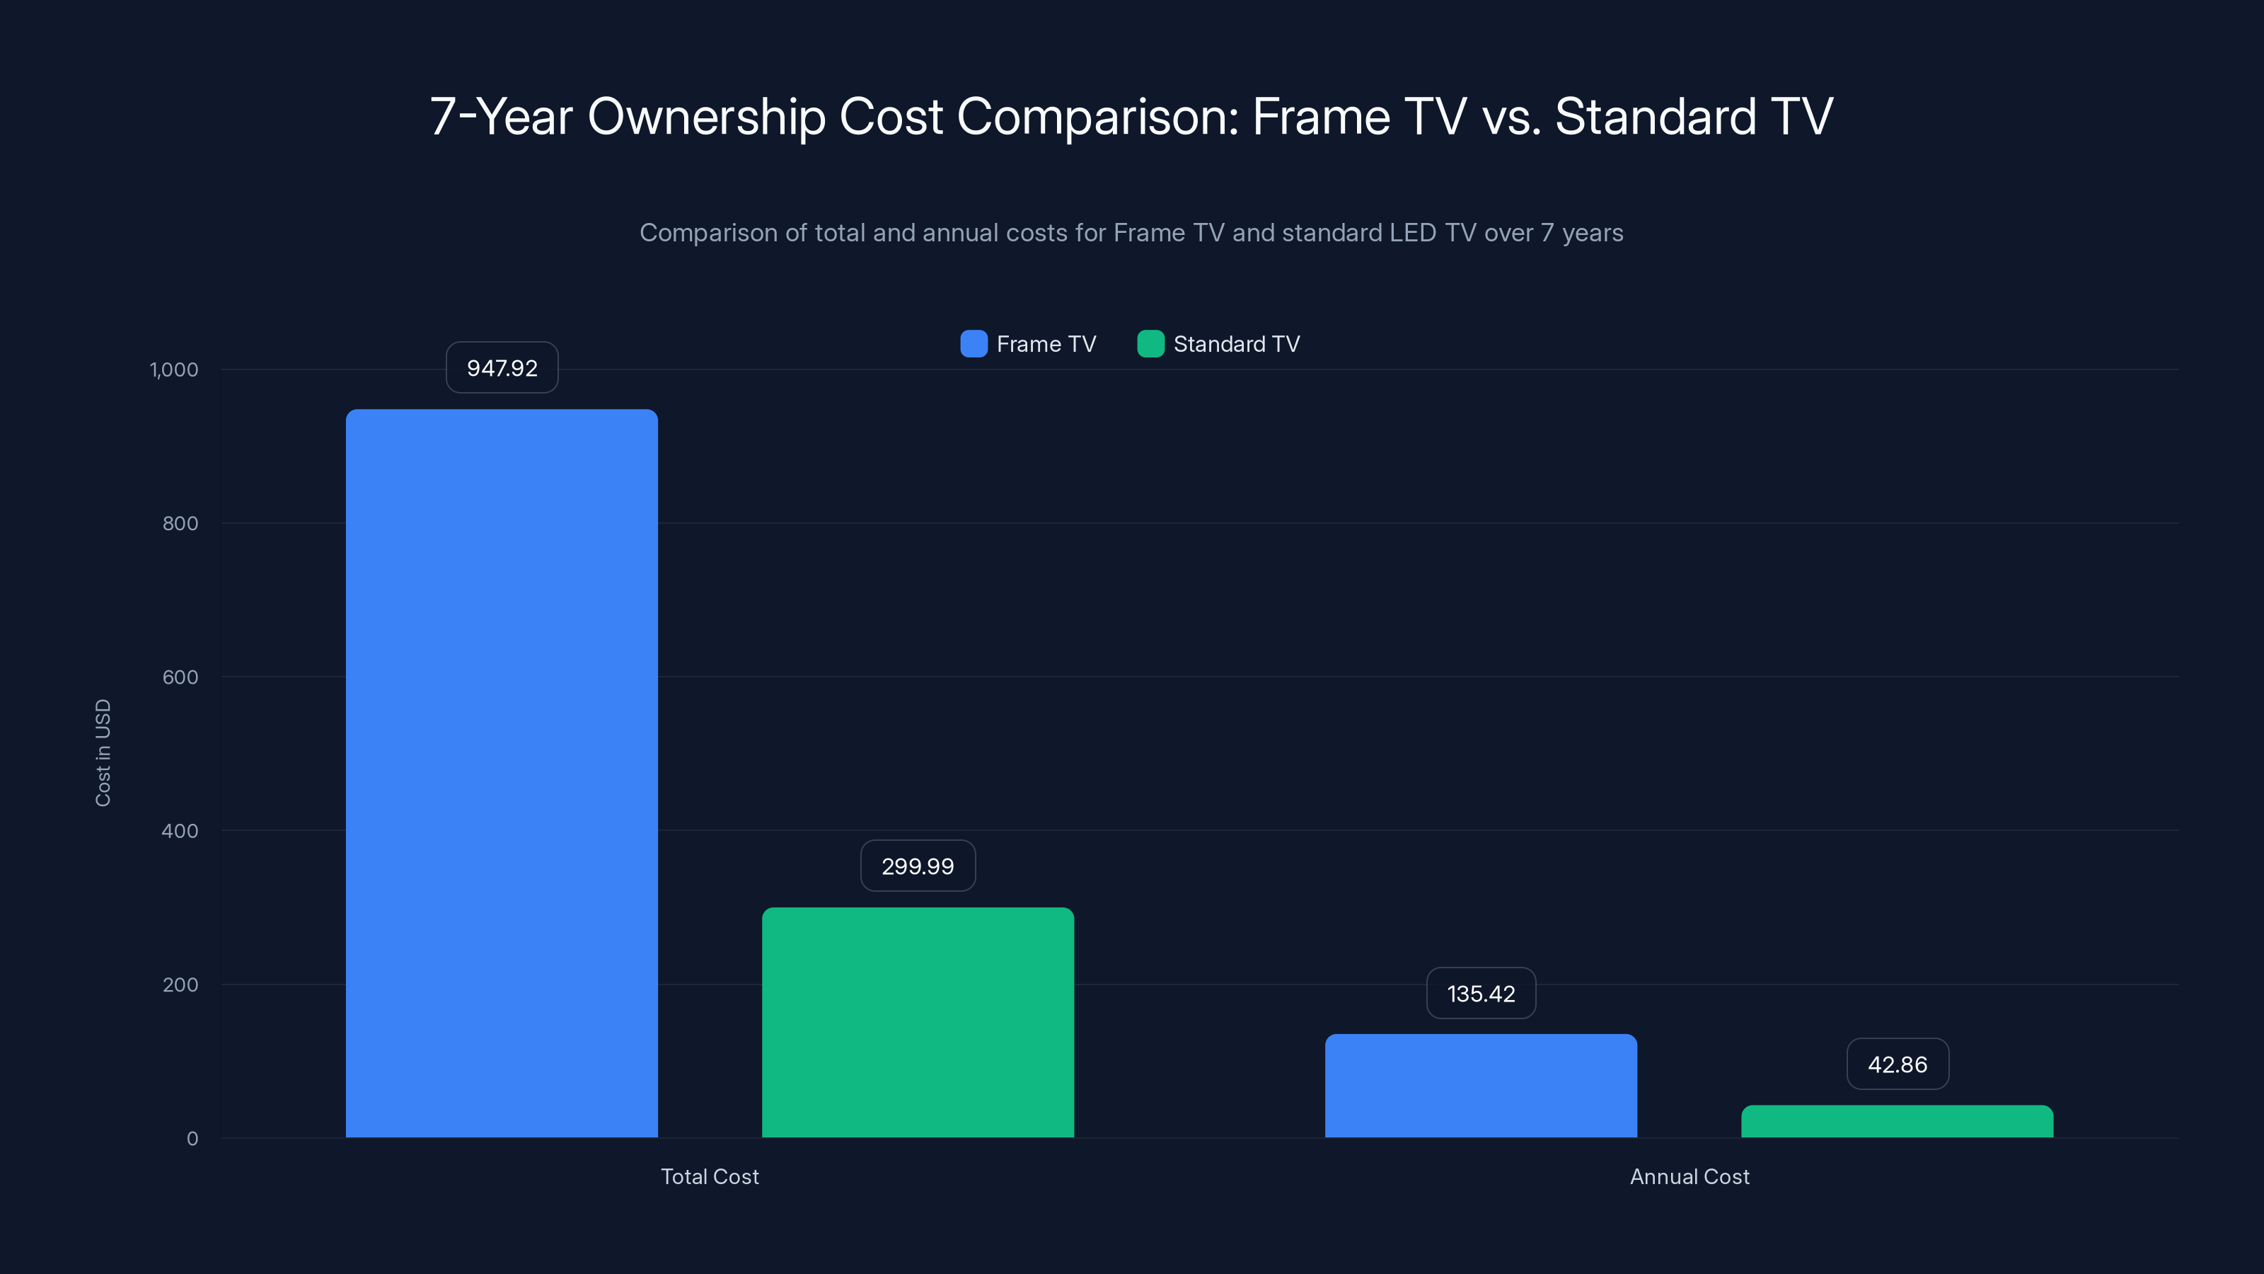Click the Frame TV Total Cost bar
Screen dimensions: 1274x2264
pos(501,774)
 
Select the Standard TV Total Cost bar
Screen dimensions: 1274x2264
pos(918,1023)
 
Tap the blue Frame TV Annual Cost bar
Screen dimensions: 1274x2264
pos(1481,1086)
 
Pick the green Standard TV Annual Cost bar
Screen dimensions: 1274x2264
pos(1897,1122)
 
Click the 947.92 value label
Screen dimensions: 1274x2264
pos(502,367)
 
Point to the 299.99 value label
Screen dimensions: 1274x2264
pos(918,866)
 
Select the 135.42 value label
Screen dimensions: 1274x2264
pos(1481,994)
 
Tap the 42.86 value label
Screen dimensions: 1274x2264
pos(1898,1064)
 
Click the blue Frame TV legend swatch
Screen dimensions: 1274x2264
pos(974,344)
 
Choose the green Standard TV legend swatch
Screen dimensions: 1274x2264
pos(1150,344)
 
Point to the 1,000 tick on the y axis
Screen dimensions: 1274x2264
pos(174,369)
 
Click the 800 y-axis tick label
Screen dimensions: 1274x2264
pos(180,523)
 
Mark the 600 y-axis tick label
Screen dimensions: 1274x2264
pos(180,677)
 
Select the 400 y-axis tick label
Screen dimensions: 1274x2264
pos(180,831)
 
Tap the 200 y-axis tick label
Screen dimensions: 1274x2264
pos(180,985)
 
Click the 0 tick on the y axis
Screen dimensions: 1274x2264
pos(192,1139)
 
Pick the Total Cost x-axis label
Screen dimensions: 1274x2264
pos(709,1176)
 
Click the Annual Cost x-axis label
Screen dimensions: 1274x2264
pos(1690,1176)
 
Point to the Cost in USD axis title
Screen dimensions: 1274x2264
pos(103,752)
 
